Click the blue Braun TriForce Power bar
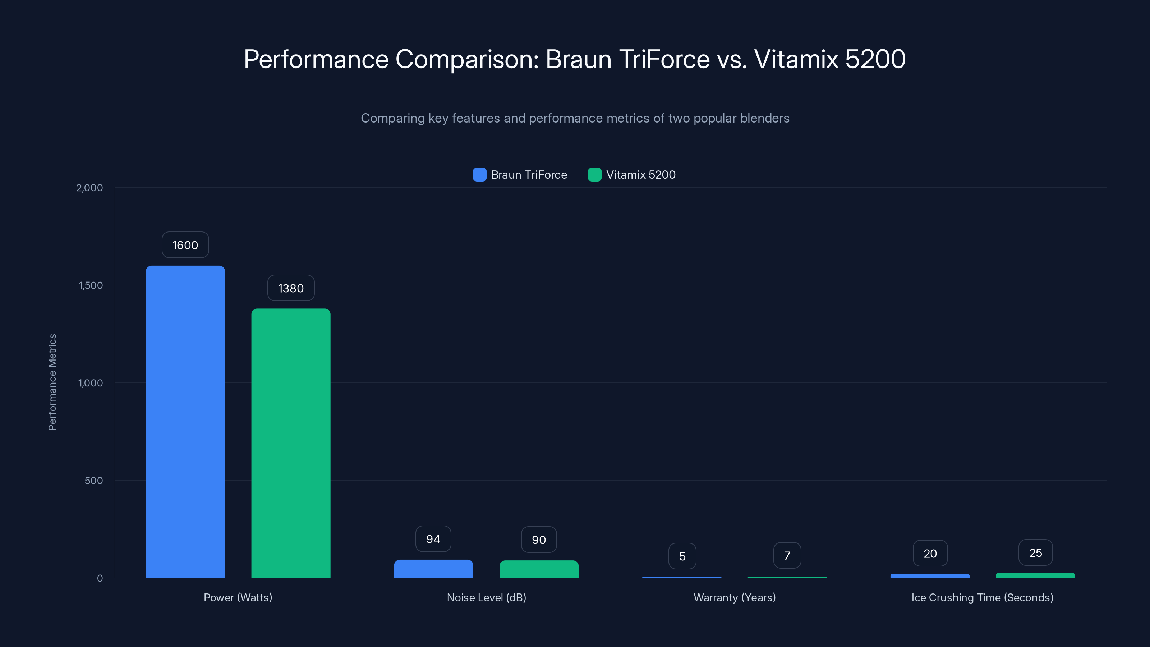pos(185,422)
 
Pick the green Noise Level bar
pos(539,569)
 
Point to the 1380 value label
pos(291,288)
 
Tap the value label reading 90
pos(539,540)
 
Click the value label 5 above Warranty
pos(682,556)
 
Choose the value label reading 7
pos(787,555)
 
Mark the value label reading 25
pos(1035,553)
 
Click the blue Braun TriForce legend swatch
pos(479,175)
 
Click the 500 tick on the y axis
pos(94,481)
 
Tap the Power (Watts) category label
pos(238,597)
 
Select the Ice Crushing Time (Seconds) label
pos(982,597)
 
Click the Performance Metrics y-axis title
pos(52,382)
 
